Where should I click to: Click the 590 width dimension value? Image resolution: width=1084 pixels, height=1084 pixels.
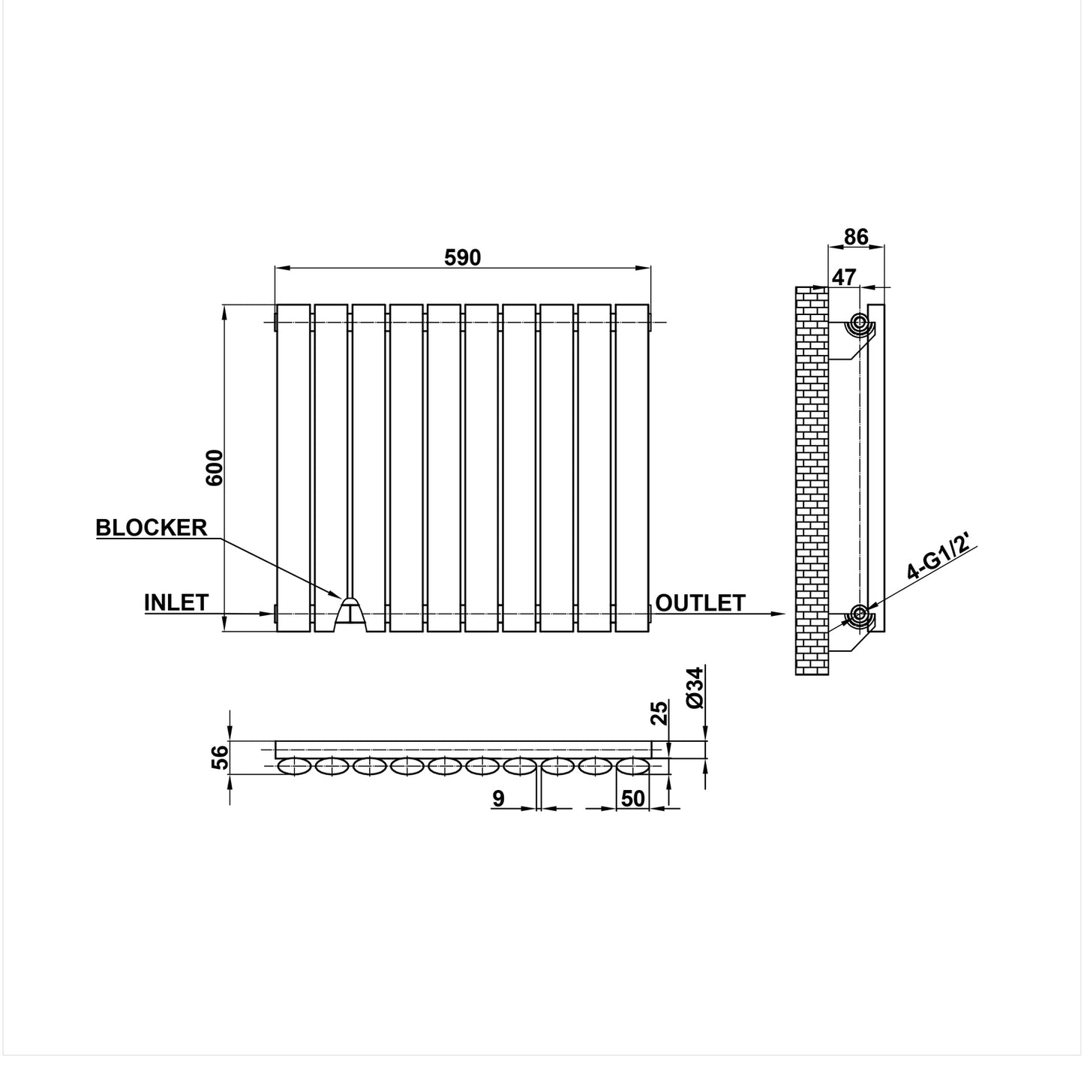tap(462, 257)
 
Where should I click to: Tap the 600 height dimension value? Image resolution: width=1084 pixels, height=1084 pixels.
tap(215, 467)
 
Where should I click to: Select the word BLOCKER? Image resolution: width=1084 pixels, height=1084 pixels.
tap(152, 527)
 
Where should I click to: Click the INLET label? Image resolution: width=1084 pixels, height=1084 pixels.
tap(176, 602)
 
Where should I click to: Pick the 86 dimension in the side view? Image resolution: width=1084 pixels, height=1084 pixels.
tap(856, 237)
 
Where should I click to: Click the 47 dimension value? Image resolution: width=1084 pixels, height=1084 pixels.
tap(844, 277)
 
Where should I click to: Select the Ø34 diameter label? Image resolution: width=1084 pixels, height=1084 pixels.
tap(695, 687)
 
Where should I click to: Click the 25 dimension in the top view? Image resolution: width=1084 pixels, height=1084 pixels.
tap(659, 712)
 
